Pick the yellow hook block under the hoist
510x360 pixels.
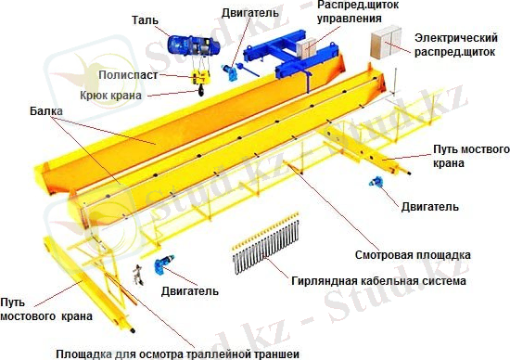[x=198, y=82]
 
